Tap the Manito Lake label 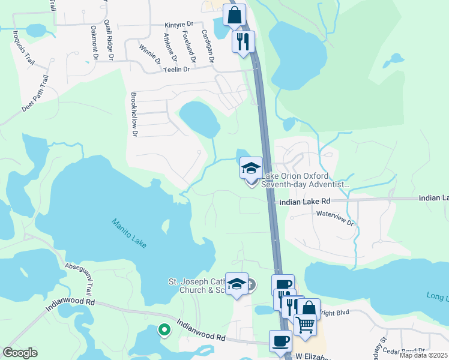[128, 233]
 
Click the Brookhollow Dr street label [134, 114]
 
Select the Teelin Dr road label [176, 70]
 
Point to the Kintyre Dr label [179, 25]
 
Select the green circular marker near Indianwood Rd [163, 329]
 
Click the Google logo [20, 353]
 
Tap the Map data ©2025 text [424, 355]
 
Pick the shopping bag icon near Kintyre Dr [234, 14]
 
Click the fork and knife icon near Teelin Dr [244, 41]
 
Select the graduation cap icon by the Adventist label [251, 167]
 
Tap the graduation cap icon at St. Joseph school [237, 283]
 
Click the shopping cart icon [305, 325]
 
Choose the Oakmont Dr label [94, 43]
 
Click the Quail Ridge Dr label [110, 40]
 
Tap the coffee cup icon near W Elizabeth [280, 341]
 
